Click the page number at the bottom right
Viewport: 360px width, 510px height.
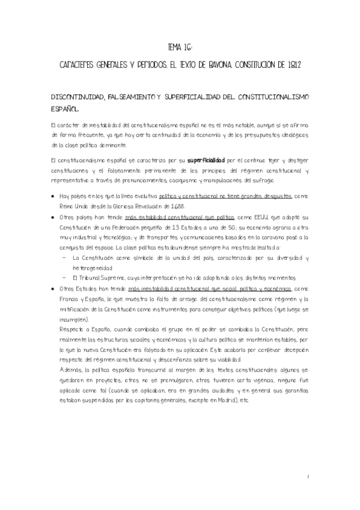[308, 477]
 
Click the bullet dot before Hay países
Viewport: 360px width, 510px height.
[55, 196]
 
